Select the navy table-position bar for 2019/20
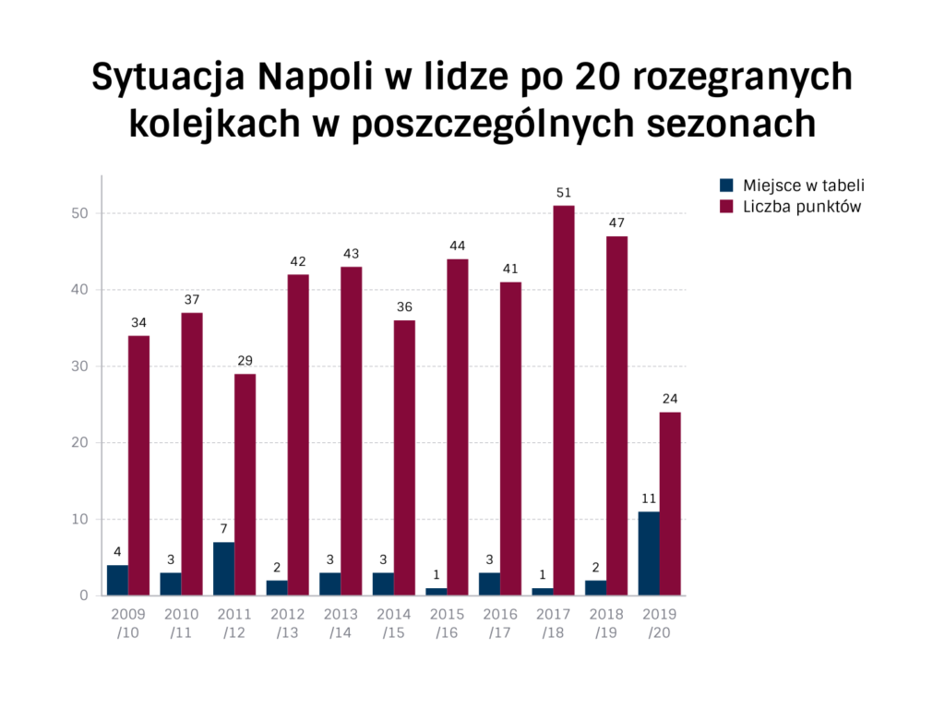click(x=649, y=553)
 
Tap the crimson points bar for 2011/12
click(x=245, y=484)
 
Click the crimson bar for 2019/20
click(x=670, y=503)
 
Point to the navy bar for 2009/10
click(x=117, y=580)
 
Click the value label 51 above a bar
click(x=564, y=193)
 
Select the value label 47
click(x=616, y=223)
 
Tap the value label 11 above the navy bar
click(x=649, y=499)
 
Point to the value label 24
click(x=670, y=399)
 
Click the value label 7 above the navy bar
click(x=223, y=529)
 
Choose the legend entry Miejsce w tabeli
click(x=803, y=185)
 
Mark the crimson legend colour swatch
click(x=726, y=207)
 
